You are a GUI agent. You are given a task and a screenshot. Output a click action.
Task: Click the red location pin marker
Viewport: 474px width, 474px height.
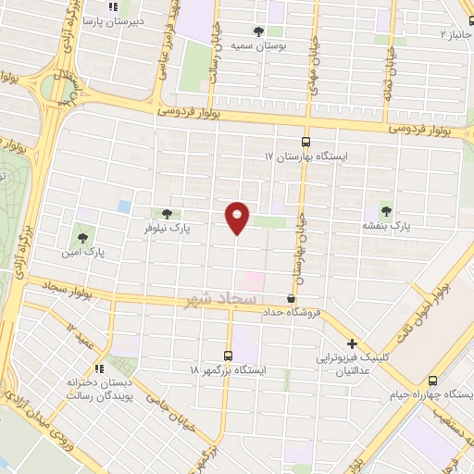[237, 218]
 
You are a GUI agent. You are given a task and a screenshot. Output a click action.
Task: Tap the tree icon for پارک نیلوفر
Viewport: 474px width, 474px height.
[167, 214]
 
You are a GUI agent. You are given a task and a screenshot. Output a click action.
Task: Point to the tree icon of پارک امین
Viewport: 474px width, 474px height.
[83, 238]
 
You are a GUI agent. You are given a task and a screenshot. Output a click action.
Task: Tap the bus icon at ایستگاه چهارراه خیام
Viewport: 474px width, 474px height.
[433, 380]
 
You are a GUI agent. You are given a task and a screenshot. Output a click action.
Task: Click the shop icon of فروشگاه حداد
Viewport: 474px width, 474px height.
[292, 298]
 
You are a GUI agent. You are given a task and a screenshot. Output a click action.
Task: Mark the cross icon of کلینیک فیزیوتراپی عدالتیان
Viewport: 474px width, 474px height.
[352, 343]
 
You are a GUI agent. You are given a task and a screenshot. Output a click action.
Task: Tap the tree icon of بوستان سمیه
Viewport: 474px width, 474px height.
[258, 31]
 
